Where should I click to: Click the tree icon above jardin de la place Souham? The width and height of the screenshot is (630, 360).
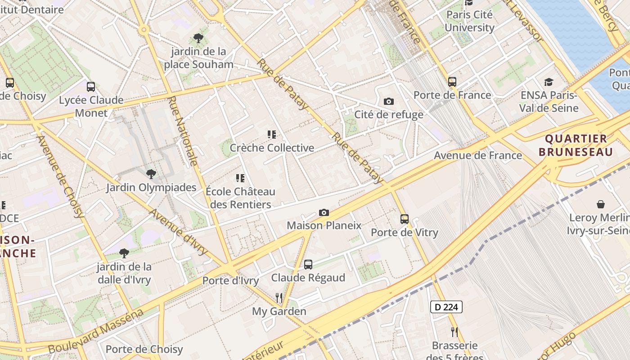tap(198, 38)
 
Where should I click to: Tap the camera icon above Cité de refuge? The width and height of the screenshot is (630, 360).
tap(389, 102)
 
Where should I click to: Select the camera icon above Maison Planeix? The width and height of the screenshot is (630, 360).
tap(324, 212)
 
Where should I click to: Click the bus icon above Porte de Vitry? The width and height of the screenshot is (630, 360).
tap(405, 219)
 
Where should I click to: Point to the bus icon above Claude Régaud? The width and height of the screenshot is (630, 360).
tap(308, 265)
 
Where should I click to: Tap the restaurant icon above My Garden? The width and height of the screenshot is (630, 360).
tap(279, 297)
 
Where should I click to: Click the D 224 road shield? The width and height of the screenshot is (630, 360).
tap(446, 307)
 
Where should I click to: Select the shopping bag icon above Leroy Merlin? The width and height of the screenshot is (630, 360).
tap(601, 205)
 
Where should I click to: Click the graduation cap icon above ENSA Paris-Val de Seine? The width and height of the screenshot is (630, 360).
tap(549, 82)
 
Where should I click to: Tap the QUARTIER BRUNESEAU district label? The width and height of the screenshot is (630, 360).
tap(576, 145)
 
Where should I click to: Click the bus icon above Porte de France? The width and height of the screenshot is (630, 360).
tap(452, 82)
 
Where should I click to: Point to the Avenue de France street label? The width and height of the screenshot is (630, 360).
tap(477, 156)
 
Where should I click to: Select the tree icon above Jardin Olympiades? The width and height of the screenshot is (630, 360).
tap(151, 174)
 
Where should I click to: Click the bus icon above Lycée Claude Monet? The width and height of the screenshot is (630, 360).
tap(91, 87)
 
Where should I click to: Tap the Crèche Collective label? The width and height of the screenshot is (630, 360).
tap(272, 148)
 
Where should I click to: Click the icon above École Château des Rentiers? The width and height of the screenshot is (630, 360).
tap(240, 178)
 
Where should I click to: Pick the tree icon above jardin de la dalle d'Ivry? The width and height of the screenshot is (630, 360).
tap(124, 253)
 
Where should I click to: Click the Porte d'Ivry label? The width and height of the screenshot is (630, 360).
tap(230, 281)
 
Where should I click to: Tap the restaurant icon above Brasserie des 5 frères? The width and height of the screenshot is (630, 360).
tap(454, 332)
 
